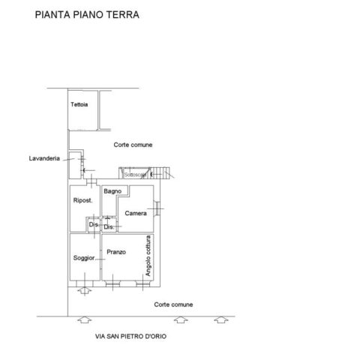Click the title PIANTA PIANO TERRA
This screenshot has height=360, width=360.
tap(87, 14)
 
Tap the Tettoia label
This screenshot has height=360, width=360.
tap(79, 104)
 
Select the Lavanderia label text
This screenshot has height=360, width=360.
tap(44, 158)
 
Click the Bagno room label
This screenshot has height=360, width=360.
tap(112, 191)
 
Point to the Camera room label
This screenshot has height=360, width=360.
tap(136, 213)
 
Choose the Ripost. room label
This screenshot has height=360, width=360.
tap(82, 200)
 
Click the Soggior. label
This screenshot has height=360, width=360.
tap(84, 258)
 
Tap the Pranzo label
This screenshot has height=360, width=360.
tap(116, 252)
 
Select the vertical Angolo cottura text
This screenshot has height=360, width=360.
tap(148, 256)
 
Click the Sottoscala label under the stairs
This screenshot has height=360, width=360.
tap(135, 175)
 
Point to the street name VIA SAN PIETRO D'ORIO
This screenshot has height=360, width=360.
tap(130, 336)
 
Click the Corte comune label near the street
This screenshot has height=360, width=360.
tap(173, 304)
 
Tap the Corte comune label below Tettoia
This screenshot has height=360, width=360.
tap(133, 145)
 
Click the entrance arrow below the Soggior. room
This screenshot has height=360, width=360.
tap(85, 290)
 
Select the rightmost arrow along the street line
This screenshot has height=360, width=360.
tap(221, 319)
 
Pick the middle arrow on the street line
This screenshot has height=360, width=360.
tap(181, 319)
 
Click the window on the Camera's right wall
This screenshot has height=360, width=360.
tap(157, 208)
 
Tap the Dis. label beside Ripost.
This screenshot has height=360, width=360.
tap(93, 224)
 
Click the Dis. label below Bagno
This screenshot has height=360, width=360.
tap(109, 227)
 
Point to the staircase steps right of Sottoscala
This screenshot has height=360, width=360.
tap(160, 172)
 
